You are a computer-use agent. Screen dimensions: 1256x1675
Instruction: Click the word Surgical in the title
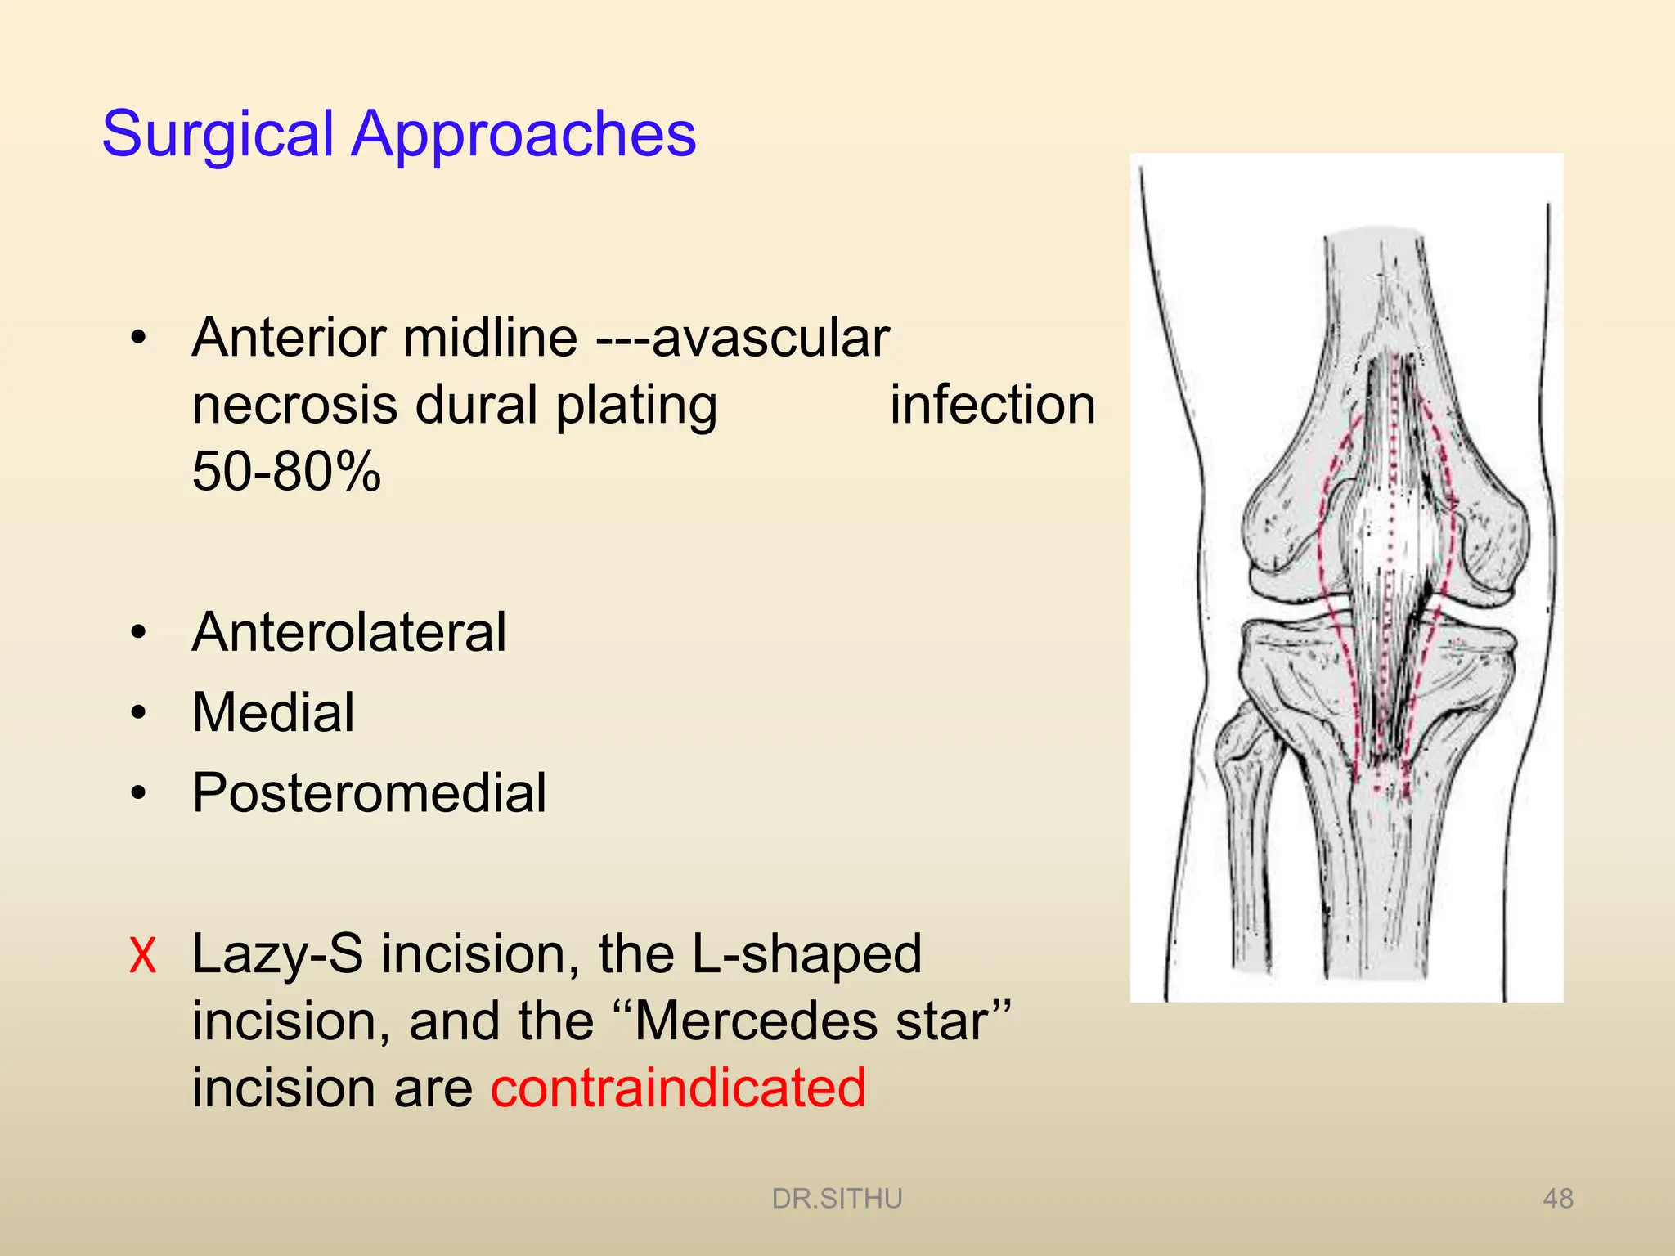click(218, 135)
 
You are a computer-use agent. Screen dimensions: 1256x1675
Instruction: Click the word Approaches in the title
click(523, 135)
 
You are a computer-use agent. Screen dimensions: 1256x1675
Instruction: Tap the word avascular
click(770, 338)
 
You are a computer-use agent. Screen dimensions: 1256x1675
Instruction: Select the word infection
click(992, 405)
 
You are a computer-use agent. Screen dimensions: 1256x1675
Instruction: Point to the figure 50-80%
click(286, 472)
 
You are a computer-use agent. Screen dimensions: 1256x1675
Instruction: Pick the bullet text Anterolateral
click(349, 632)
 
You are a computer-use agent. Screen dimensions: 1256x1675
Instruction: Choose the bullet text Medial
click(273, 712)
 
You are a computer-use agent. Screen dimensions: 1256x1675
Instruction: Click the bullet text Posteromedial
click(369, 792)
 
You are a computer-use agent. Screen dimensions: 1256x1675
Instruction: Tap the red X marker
click(142, 955)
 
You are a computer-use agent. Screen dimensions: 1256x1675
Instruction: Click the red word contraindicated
click(678, 1088)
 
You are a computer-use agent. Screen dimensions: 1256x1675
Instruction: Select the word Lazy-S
click(277, 954)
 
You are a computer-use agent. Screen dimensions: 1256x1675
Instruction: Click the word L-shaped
click(806, 954)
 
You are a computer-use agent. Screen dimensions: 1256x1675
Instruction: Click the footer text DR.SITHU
click(837, 1199)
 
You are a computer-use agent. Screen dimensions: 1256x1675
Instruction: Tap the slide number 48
click(1557, 1199)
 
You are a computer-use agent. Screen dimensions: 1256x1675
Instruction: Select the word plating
click(636, 406)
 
